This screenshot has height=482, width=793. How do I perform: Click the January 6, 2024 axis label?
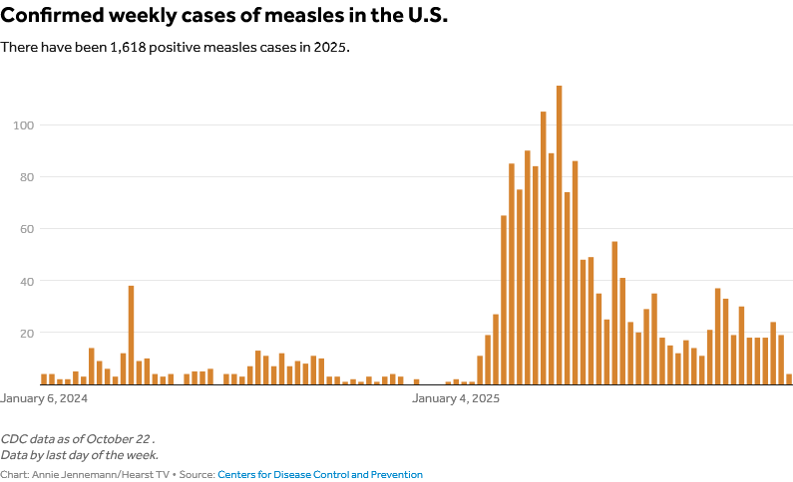point(44,398)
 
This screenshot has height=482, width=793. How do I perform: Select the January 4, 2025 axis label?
point(456,398)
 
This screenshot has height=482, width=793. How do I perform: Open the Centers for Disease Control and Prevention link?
point(319,475)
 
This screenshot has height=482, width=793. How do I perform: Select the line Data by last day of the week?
point(79,454)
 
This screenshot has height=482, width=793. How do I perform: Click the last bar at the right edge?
point(789,379)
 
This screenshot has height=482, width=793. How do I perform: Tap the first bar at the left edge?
point(44,379)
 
